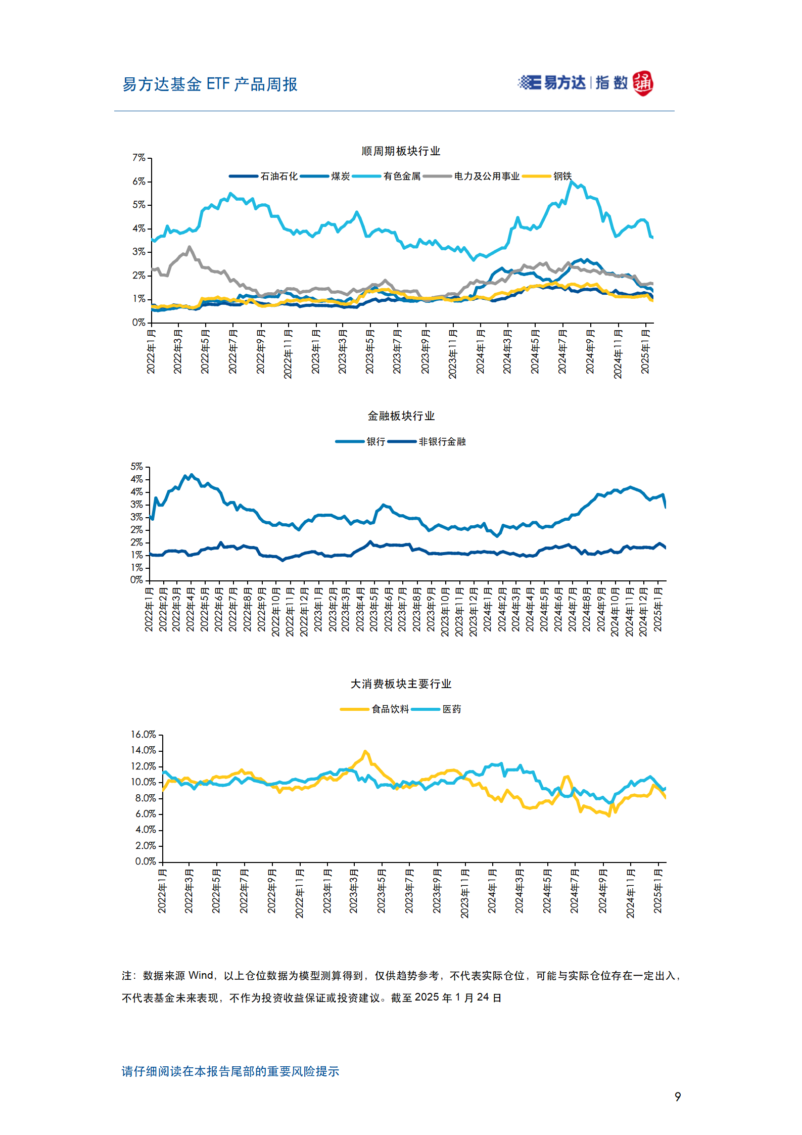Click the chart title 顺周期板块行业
click(401, 151)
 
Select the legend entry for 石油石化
click(263, 176)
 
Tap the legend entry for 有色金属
click(387, 176)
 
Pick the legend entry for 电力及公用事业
click(471, 176)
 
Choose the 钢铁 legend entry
click(547, 176)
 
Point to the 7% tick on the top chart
click(139, 158)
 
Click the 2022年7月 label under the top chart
click(232, 351)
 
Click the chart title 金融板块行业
click(401, 416)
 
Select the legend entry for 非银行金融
click(427, 441)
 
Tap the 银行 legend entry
click(360, 441)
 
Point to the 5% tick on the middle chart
click(136, 466)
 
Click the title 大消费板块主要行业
click(401, 684)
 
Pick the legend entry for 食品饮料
click(374, 709)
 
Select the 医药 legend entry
click(436, 709)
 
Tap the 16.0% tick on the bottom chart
click(144, 734)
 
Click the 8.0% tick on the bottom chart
click(146, 798)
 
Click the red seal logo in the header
click(643, 83)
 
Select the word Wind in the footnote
click(201, 975)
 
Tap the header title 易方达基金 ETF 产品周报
click(210, 84)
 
